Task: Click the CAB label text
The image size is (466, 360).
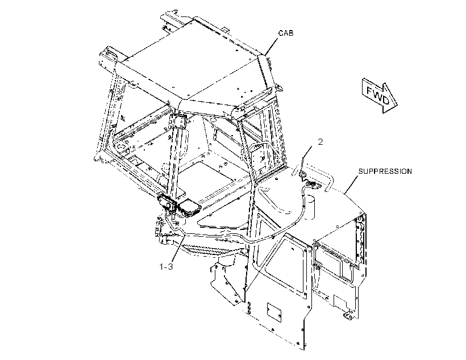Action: click(286, 33)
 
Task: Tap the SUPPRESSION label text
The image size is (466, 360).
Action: click(385, 171)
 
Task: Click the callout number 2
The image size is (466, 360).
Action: click(320, 142)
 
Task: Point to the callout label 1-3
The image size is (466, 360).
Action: click(166, 267)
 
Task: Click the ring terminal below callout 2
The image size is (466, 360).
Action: click(302, 174)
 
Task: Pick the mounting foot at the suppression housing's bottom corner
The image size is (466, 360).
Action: click(348, 315)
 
